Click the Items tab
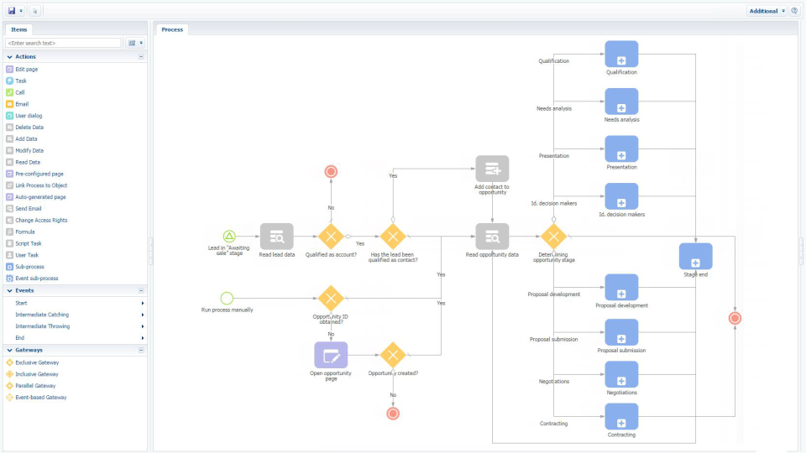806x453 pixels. (x=18, y=29)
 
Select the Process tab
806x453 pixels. (x=172, y=29)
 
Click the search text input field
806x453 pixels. (x=64, y=43)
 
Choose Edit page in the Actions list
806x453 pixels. (x=26, y=70)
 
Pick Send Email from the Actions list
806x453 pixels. (x=29, y=209)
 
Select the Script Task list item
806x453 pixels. (x=28, y=243)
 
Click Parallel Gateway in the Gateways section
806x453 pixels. (x=36, y=386)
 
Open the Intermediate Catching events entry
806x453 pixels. (x=42, y=315)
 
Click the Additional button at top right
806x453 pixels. (x=763, y=11)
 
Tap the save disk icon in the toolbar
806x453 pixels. (x=12, y=11)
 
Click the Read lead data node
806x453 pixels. (x=276, y=237)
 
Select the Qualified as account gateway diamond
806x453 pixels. (x=331, y=237)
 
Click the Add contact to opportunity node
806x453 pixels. (x=492, y=169)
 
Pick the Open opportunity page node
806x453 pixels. (x=330, y=355)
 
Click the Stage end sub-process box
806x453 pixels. (x=695, y=256)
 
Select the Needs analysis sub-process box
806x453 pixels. (x=621, y=102)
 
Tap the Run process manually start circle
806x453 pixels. (x=227, y=298)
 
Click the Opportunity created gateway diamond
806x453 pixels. (x=392, y=355)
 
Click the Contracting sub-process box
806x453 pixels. (x=621, y=416)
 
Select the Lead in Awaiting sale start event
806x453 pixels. (x=229, y=237)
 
